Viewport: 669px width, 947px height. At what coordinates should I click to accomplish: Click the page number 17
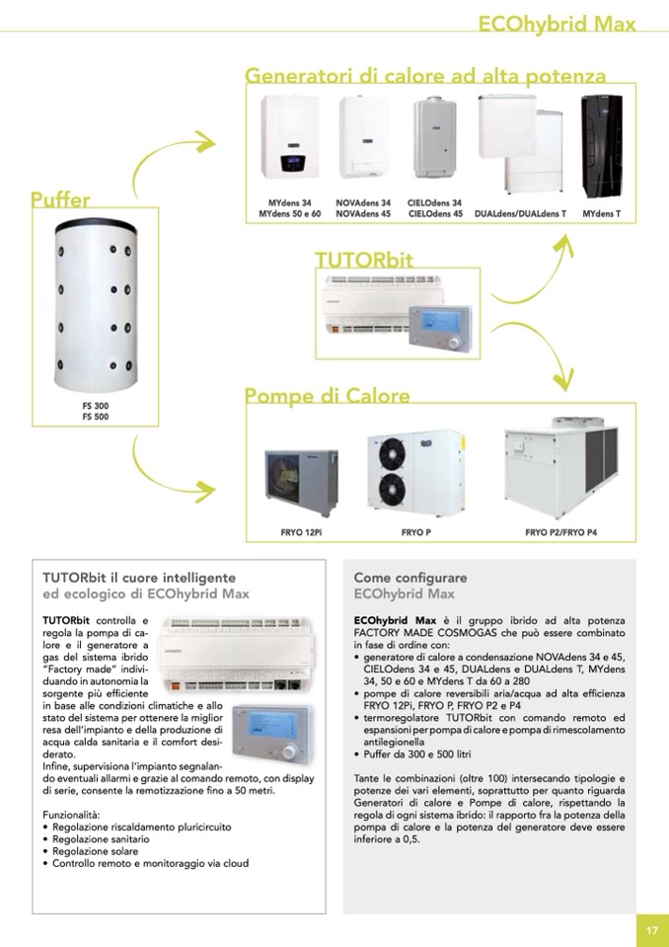[652, 930]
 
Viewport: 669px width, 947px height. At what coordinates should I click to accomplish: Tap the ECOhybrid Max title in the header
[557, 24]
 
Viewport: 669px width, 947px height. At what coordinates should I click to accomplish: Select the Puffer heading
[60, 199]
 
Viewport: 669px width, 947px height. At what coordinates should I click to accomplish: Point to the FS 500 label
[96, 417]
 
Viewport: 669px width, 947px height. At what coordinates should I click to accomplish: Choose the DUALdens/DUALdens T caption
[521, 214]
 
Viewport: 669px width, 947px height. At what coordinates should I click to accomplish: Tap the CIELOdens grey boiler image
[434, 139]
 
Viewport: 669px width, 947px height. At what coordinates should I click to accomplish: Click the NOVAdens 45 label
[363, 214]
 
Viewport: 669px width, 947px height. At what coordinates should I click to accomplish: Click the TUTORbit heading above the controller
[364, 260]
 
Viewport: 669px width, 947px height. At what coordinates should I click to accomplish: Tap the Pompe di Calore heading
[327, 396]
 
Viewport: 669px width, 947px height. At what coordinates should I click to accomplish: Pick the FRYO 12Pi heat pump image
[302, 482]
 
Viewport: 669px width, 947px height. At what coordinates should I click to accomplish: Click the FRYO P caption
[416, 532]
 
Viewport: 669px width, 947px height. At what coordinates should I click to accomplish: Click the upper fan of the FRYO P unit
[392, 450]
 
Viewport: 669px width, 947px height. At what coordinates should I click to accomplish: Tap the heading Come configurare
[410, 578]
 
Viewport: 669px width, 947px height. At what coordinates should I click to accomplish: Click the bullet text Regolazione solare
[96, 851]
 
